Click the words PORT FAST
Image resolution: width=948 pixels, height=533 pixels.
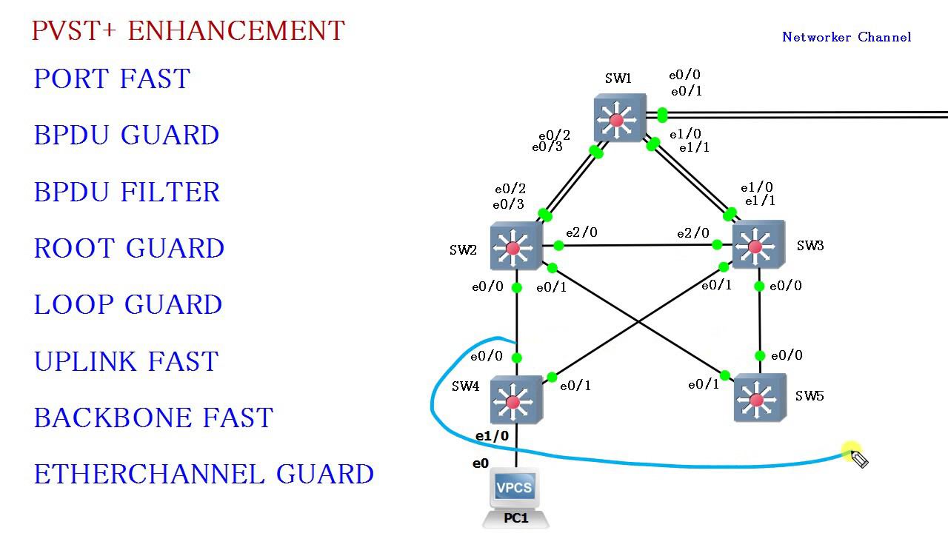click(112, 78)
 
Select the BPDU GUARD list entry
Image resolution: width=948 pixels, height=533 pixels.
click(126, 135)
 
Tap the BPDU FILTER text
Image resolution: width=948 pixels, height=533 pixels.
click(127, 192)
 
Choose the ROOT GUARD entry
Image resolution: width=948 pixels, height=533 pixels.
click(129, 248)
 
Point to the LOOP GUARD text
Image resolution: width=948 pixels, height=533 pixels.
click(127, 304)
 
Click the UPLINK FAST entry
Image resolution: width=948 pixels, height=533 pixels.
click(126, 361)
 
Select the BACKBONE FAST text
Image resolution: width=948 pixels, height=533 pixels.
click(153, 418)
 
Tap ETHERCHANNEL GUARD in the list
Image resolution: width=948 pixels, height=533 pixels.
click(204, 474)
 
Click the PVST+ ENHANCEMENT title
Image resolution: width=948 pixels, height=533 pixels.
click(188, 31)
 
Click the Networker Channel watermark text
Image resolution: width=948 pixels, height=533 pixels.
click(847, 37)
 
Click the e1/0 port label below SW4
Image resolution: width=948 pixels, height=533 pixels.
click(492, 436)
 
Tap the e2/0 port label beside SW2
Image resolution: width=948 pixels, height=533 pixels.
click(581, 232)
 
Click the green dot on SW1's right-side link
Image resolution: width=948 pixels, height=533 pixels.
click(662, 115)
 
